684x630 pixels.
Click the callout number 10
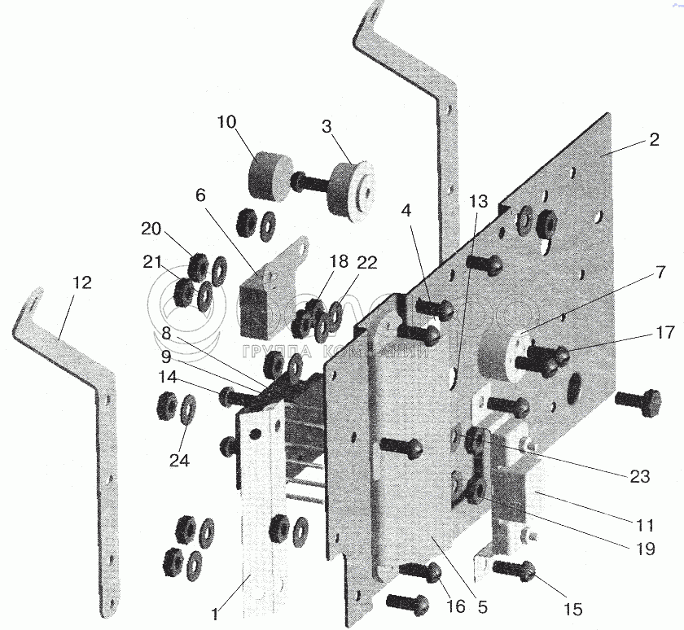(x=227, y=123)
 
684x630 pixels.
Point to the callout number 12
(x=81, y=283)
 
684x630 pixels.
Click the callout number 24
(x=179, y=461)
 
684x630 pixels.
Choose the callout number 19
(x=647, y=549)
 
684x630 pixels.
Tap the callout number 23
(x=640, y=477)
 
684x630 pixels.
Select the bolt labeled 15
(x=515, y=571)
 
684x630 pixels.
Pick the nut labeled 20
(x=197, y=265)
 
